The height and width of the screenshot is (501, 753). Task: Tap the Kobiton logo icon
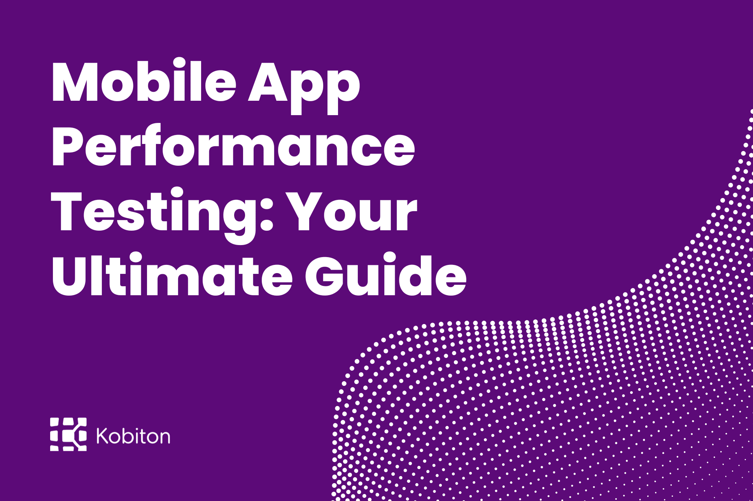tap(68, 434)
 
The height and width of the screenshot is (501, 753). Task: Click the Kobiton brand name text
tap(133, 436)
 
